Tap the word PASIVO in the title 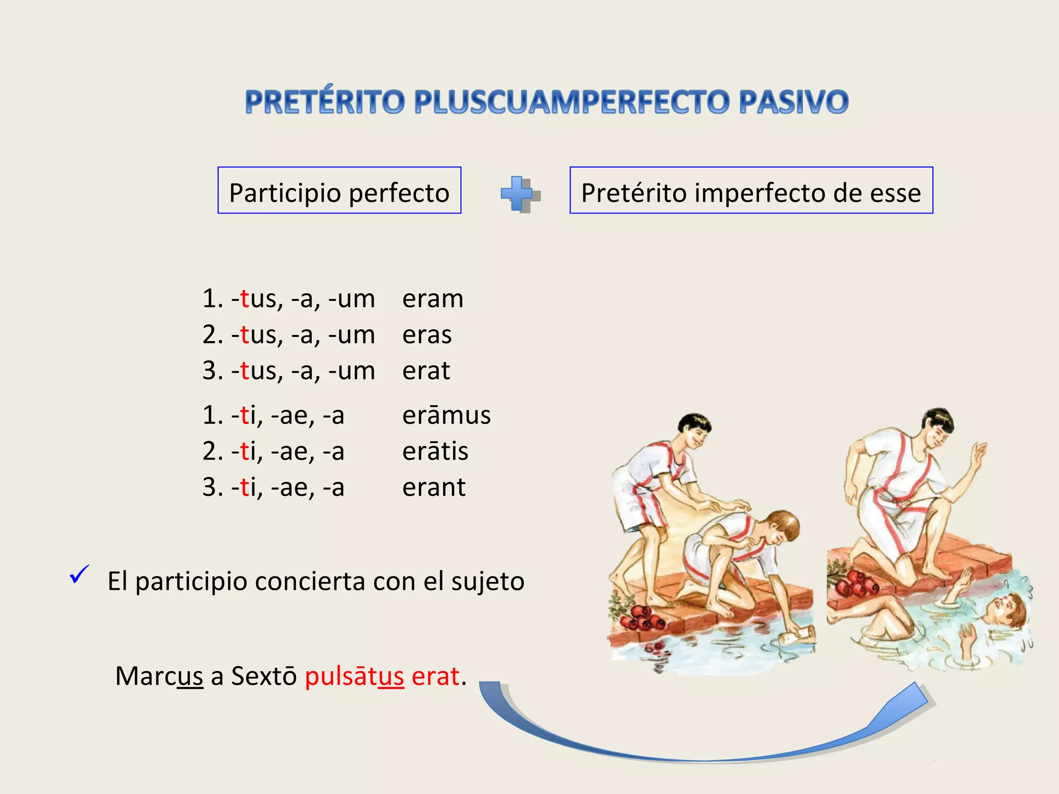793,102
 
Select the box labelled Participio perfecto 339,190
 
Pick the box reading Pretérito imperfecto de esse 751,190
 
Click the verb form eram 433,299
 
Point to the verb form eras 427,335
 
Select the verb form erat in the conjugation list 426,371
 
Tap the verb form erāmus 446,416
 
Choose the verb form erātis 435,451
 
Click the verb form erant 434,487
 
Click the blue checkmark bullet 79,574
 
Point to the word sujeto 487,582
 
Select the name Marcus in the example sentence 159,676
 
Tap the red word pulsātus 354,676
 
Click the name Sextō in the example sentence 264,676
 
